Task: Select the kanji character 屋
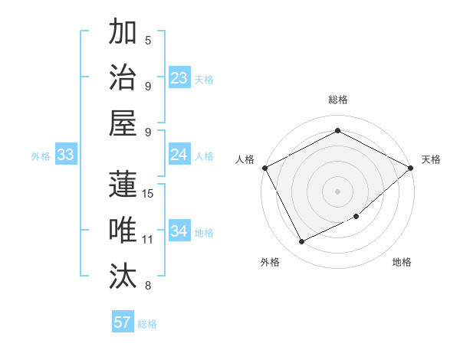[x=123, y=123]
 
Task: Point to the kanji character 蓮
[x=123, y=184]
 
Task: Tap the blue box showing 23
[x=179, y=78]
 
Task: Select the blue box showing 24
[x=179, y=155]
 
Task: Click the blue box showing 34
[x=179, y=231]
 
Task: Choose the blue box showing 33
[x=66, y=155]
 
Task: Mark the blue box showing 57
[x=123, y=322]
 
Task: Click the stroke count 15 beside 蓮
[x=149, y=193]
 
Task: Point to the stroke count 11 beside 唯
[x=148, y=240]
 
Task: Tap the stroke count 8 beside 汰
[x=148, y=286]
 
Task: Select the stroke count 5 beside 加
[x=148, y=41]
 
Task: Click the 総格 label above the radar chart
[x=338, y=100]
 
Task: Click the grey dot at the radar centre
[x=338, y=191]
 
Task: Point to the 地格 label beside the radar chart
[x=402, y=263]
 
